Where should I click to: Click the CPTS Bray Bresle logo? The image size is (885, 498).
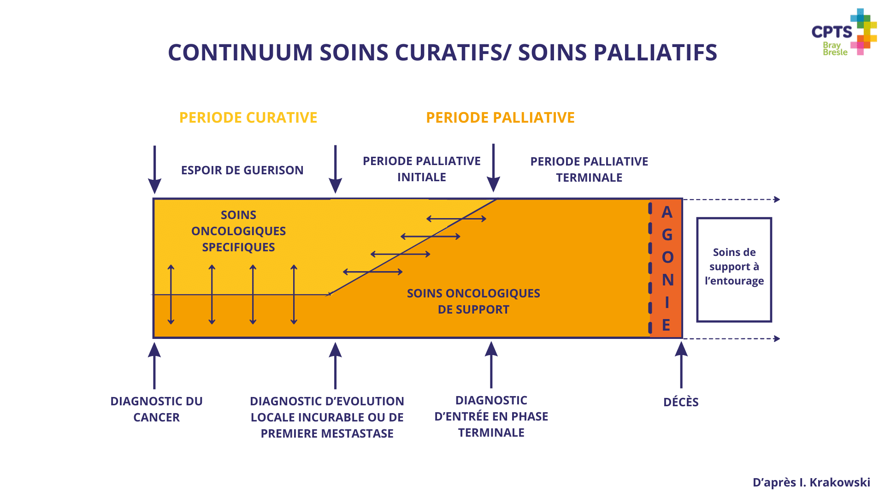click(x=844, y=32)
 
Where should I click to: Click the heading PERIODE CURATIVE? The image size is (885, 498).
click(x=248, y=118)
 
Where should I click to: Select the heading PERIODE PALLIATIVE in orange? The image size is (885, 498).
click(x=500, y=118)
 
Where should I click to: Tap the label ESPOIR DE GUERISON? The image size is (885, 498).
click(x=242, y=170)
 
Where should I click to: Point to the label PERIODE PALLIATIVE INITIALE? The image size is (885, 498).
click(x=421, y=169)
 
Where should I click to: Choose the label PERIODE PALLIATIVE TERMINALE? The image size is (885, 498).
click(x=589, y=169)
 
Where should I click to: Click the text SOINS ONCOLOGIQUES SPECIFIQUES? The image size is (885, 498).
click(x=238, y=231)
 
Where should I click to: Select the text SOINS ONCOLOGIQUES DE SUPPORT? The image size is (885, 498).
click(x=473, y=301)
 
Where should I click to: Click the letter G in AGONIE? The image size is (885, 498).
click(x=667, y=235)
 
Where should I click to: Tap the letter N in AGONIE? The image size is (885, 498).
click(x=667, y=280)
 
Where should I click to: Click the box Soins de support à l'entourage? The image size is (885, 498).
click(x=734, y=270)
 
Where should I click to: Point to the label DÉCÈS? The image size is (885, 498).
click(x=681, y=402)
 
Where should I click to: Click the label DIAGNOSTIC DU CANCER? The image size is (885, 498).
click(x=156, y=409)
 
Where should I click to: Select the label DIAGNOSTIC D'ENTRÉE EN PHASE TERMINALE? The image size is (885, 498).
click(x=491, y=416)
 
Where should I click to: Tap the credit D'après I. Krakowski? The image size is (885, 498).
click(x=811, y=482)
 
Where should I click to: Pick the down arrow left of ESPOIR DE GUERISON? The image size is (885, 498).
click(x=154, y=170)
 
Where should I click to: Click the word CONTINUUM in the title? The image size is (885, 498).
click(x=240, y=52)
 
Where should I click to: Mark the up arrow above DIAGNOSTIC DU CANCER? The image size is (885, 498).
click(x=154, y=366)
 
